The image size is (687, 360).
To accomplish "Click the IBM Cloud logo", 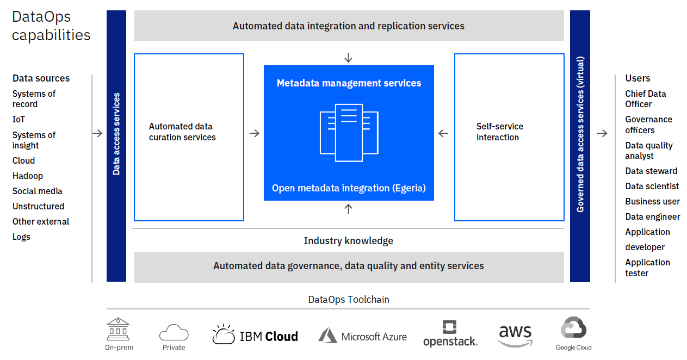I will coord(255,336).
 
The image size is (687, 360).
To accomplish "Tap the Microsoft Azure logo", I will coord(362,336).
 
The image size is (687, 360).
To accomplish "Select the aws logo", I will coord(515,335).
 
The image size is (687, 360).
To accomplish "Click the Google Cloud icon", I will coord(573,330).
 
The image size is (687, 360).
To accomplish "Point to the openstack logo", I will coord(450,334).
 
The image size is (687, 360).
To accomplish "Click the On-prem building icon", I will coord(119,330).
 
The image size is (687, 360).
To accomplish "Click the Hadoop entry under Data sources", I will coord(28,176).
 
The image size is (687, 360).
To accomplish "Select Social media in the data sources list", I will coord(37,191).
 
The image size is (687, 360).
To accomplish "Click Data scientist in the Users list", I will coord(652,186).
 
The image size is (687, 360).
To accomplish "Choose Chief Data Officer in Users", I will coord(645,99).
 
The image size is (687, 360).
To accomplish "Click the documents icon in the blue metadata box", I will coord(349,133).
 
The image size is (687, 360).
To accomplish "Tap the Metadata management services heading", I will coord(349,83).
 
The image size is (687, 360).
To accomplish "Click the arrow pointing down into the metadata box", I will coord(349,58).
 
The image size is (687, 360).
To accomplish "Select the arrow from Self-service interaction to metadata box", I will coord(443,133).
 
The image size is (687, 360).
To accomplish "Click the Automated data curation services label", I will coord(182,132).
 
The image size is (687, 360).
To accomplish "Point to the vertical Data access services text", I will coord(116,134).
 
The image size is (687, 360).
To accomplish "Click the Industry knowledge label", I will coord(348,240).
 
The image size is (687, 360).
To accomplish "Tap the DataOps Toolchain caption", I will coord(349,299).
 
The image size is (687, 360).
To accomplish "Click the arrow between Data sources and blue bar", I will coord(97,133).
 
